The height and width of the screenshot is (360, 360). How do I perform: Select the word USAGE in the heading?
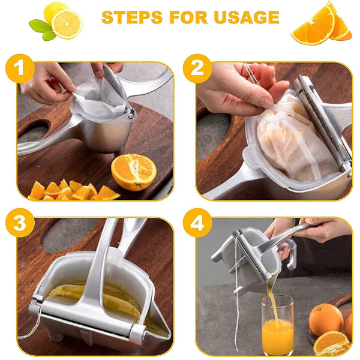click(x=247, y=17)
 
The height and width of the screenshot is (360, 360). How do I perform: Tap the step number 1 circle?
click(x=20, y=68)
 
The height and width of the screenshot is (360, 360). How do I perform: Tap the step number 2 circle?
click(x=197, y=68)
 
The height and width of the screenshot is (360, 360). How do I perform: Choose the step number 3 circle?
click(x=20, y=223)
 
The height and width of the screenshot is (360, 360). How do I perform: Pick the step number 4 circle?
click(x=197, y=223)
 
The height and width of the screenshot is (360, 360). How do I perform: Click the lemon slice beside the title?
click(x=67, y=24)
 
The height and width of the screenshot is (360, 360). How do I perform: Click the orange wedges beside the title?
click(x=322, y=24)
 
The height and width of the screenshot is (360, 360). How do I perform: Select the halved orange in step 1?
click(x=134, y=172)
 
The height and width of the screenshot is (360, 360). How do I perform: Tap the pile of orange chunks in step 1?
click(x=73, y=191)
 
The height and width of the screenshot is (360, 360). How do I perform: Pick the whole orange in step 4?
click(x=326, y=320)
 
